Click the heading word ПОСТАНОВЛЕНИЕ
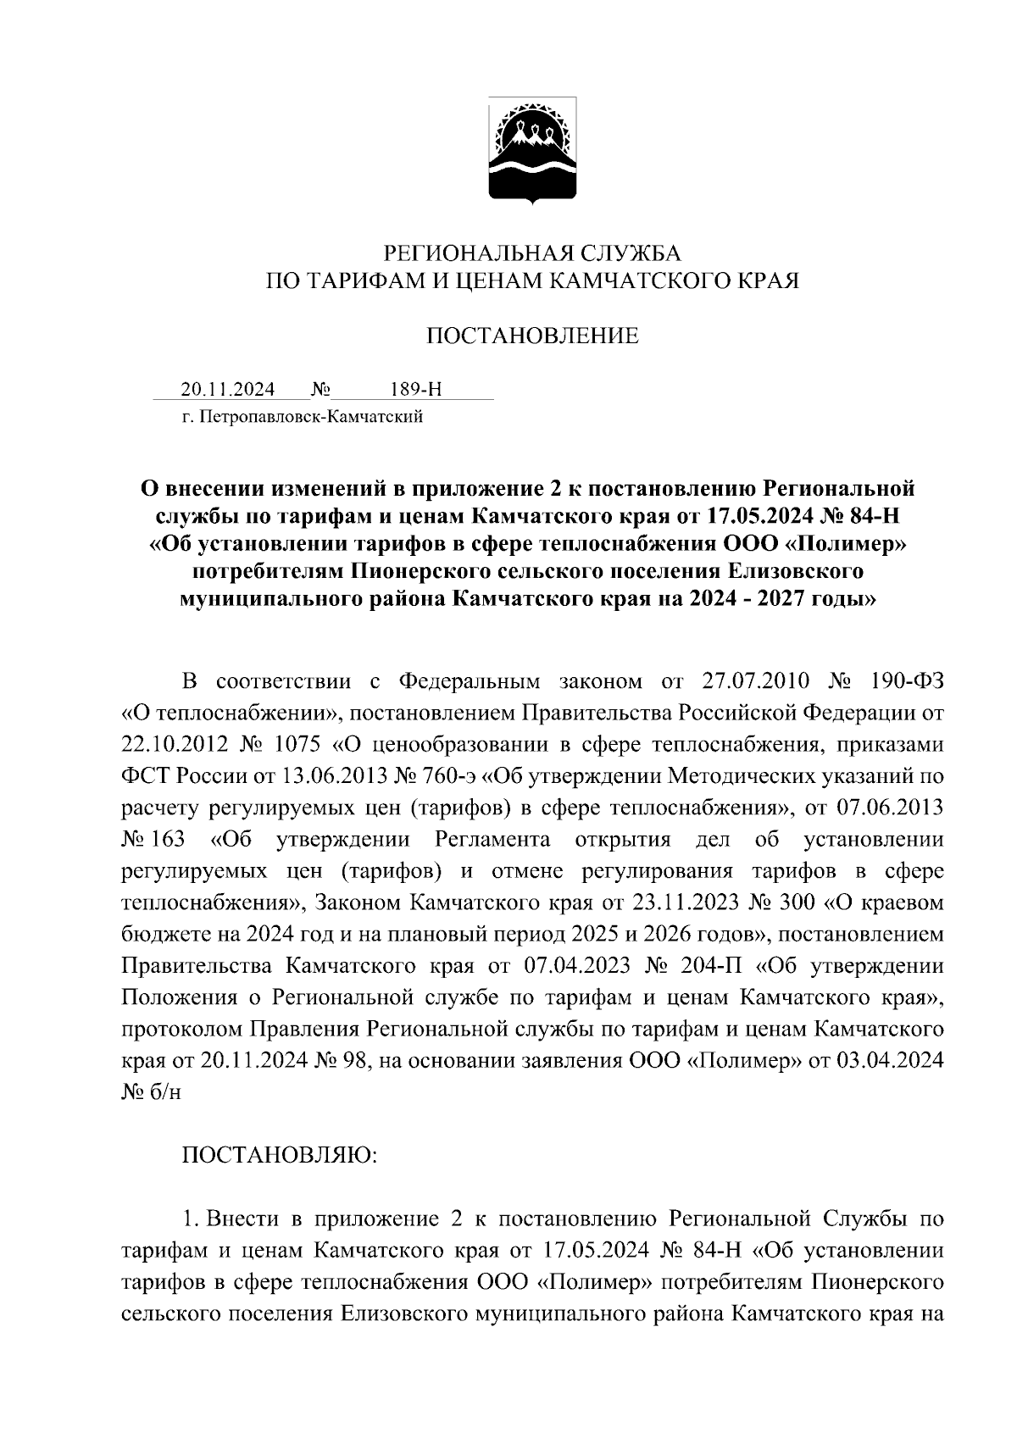(532, 336)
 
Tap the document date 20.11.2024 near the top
(228, 390)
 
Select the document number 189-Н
(416, 390)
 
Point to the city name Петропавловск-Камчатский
(311, 417)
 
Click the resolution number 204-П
(706, 967)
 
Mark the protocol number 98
(350, 1062)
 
